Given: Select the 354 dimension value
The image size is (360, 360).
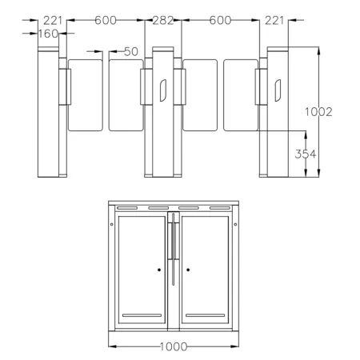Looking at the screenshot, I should click(306, 154).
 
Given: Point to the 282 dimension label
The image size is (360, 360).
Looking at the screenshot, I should click(163, 22).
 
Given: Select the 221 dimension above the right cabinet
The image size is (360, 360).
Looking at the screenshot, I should click(274, 22).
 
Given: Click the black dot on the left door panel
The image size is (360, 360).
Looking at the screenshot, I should click(159, 270).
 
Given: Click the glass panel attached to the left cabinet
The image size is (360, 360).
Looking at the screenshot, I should click(86, 94).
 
